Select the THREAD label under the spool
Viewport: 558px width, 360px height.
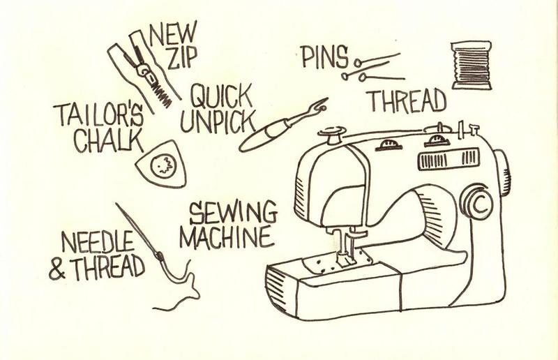click(x=407, y=101)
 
